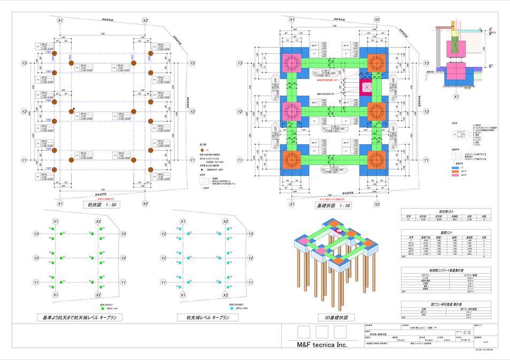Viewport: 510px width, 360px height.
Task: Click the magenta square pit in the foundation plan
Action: [x=367, y=88]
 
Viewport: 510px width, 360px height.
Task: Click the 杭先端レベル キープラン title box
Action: [x=207, y=317]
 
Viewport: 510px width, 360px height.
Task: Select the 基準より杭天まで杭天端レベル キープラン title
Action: [x=79, y=317]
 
